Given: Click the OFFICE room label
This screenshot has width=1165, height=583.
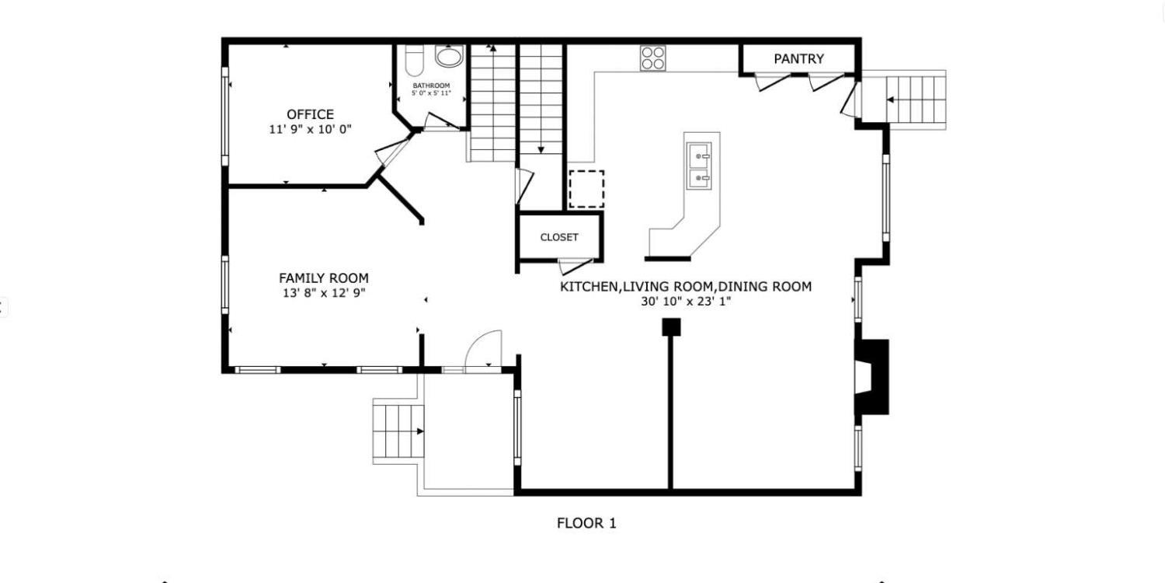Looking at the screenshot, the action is pos(310,114).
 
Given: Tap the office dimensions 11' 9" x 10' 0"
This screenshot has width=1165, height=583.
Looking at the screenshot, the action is pos(310,129).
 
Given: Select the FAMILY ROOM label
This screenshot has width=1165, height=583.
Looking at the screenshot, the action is pos(324,278).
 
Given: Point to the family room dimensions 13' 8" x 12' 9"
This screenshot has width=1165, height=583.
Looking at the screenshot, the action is pos(324,293).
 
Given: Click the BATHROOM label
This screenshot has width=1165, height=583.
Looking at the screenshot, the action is pos(431,86).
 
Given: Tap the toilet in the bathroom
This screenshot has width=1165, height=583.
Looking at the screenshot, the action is pos(415,61).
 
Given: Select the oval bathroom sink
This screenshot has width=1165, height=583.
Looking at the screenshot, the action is pos(449,56).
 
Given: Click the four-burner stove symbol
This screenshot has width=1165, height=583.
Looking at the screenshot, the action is pos(652,58).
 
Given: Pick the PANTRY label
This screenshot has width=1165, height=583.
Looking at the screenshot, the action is pos(798,59).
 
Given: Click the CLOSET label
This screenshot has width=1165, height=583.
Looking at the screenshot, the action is pos(559,237).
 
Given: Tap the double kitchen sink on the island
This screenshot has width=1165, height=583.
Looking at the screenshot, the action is pos(699,166).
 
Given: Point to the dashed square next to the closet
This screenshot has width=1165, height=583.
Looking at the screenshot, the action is pos(586,189).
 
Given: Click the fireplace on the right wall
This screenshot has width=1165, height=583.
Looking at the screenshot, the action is pos(871,377).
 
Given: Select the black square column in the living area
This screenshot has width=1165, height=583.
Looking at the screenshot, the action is pos(671,327).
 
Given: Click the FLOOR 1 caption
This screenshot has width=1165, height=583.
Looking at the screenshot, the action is pos(586,523).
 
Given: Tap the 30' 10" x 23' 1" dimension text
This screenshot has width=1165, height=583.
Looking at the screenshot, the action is pos(686,302).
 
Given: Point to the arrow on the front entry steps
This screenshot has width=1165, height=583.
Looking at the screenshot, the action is pos(419,431).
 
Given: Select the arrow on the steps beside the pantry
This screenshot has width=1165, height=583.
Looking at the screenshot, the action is pos(890,100).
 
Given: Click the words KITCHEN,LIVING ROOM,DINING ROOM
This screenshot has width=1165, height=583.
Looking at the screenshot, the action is pos(686,286).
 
